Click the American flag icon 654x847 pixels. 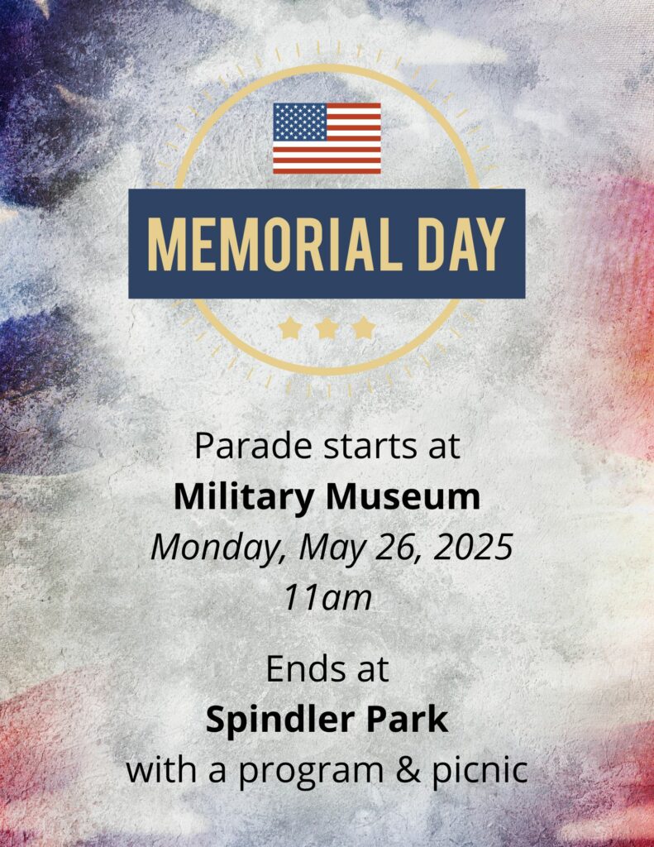pos(327,138)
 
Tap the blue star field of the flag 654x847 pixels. pos(300,122)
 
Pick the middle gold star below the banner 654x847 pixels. pos(327,328)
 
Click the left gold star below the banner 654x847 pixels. pos(290,328)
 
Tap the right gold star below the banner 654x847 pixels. pos(364,328)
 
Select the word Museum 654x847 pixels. pos(403,496)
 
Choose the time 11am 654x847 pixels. pos(328,597)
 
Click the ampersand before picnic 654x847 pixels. pos(408,770)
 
